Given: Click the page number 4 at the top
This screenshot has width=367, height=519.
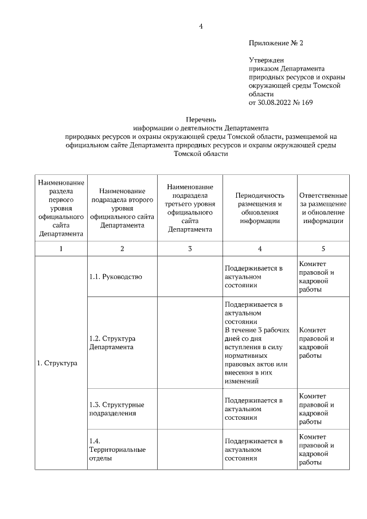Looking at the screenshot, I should [x=201, y=26].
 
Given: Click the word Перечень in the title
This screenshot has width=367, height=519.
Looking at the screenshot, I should [x=201, y=120].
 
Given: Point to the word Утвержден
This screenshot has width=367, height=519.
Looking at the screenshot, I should [x=266, y=59].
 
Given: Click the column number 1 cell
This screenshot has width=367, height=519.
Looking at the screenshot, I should [x=61, y=248].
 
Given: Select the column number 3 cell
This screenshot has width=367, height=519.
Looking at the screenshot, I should [x=190, y=248].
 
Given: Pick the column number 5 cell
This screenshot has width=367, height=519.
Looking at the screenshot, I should [x=323, y=248].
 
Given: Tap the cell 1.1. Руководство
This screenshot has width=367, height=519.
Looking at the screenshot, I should [x=116, y=276].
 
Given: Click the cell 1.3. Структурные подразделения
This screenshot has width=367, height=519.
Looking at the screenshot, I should [x=117, y=408].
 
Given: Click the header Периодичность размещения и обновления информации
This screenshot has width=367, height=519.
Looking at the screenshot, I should [x=260, y=208].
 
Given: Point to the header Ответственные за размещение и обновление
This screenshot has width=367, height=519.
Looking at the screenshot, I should [x=323, y=208].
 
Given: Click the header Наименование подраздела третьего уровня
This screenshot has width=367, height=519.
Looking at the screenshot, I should [x=190, y=208].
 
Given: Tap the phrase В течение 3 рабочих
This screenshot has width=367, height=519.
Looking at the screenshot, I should [x=257, y=330].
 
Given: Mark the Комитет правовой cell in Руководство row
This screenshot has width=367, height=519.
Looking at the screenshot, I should [x=317, y=276].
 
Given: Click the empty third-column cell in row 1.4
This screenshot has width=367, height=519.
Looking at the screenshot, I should [x=190, y=449].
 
